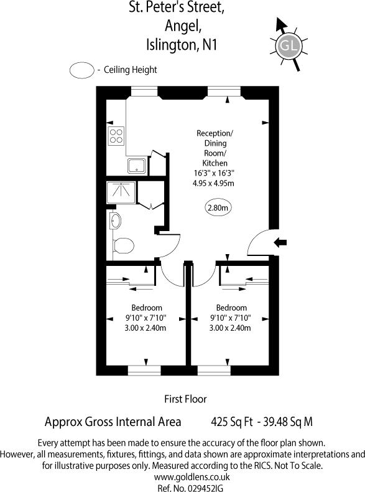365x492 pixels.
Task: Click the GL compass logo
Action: pos(288,45)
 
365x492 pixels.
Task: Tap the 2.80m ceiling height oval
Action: pos(218,208)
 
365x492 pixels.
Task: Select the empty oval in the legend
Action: pos(81,70)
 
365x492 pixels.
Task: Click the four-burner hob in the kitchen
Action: pos(116,136)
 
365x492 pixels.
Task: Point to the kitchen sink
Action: pos(136,165)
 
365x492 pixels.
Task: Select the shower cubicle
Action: pos(120,192)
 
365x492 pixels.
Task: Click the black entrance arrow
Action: pos(280,242)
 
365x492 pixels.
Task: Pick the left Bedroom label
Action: pos(147,308)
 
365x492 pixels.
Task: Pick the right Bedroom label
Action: pos(231,308)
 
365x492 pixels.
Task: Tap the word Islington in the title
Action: pos(168,44)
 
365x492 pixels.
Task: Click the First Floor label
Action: pos(185,399)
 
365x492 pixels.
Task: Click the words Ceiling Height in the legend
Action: pos(130,70)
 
